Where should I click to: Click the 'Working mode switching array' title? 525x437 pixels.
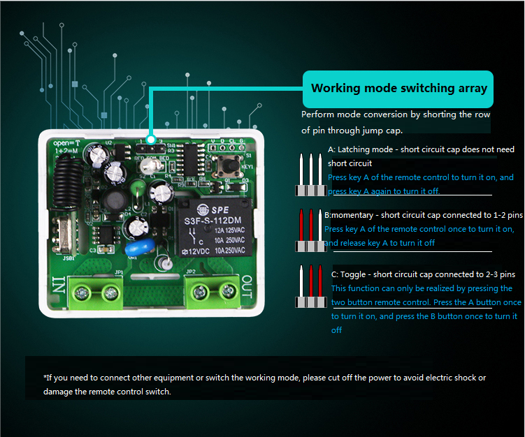point(398,89)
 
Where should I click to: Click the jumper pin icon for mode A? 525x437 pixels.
point(310,175)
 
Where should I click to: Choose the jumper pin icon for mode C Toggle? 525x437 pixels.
point(310,287)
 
